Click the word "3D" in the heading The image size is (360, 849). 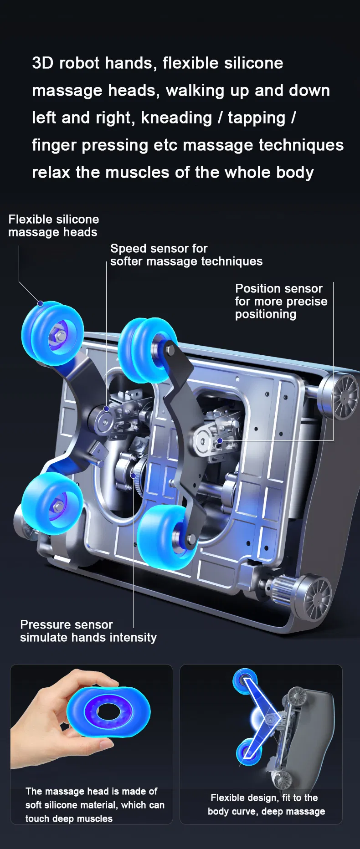click(43, 63)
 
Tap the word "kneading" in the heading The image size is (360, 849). click(176, 118)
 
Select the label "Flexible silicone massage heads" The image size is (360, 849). click(53, 225)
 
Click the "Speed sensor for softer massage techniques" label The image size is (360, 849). click(186, 255)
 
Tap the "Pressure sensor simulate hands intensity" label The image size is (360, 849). click(88, 631)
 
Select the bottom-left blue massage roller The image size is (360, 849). click(51, 503)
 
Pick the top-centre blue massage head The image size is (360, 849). click(147, 349)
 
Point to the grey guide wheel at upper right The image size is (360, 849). click(339, 396)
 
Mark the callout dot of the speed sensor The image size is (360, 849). click(106, 409)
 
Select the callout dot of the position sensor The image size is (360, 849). click(220, 440)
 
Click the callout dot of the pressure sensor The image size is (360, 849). click(134, 476)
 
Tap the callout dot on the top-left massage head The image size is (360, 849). click(40, 303)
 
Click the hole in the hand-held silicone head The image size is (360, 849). click(108, 711)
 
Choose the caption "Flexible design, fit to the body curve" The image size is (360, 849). click(267, 804)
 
